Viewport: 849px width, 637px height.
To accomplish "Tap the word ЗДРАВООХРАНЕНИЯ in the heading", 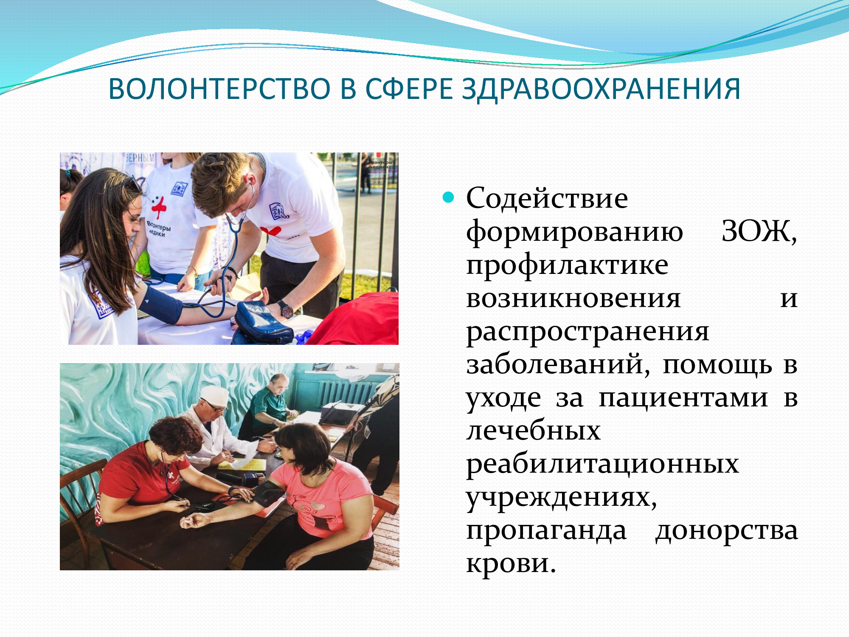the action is (601, 90).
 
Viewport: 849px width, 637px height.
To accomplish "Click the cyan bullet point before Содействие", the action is (448, 197).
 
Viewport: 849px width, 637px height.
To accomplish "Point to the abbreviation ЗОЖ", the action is (759, 232).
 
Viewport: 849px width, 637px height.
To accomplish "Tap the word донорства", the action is (726, 531).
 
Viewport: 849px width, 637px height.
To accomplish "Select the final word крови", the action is (511, 564).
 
